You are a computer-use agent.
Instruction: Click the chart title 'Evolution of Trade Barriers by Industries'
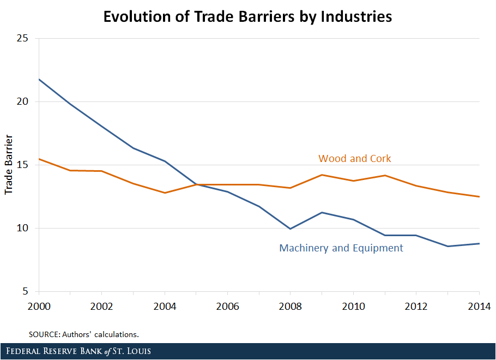247,16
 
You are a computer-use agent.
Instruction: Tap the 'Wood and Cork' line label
355,159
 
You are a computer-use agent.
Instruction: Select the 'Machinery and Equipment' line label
341,248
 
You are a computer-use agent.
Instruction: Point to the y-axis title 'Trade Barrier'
9,165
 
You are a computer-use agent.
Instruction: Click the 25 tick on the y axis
23,39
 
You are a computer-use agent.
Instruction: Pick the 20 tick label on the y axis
23,102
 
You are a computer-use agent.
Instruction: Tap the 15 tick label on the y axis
23,165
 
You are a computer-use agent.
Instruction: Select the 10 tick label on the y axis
23,229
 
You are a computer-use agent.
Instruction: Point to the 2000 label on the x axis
39,305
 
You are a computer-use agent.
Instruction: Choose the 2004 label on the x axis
165,305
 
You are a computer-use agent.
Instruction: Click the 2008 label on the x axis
291,305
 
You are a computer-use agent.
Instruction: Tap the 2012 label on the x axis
416,305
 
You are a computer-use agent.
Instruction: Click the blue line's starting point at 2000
39,80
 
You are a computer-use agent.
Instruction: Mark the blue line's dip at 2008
291,229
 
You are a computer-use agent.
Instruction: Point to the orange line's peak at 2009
322,175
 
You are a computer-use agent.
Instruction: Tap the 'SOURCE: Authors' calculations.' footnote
88,333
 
